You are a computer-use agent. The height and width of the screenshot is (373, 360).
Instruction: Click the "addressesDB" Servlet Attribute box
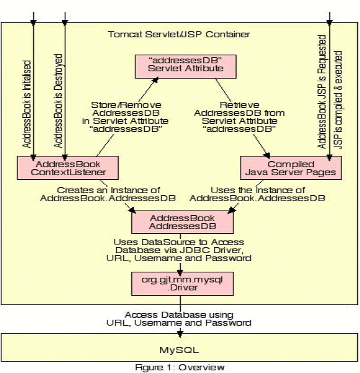(186, 67)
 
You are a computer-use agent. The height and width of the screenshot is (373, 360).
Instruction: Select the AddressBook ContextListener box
(68, 168)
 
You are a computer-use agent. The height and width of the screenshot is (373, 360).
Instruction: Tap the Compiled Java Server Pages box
(291, 168)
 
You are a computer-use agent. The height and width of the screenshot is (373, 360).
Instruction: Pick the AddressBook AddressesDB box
(183, 222)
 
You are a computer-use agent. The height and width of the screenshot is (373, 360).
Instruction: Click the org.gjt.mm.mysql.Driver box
(183, 284)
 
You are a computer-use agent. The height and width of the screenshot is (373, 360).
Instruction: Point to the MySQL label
(179, 350)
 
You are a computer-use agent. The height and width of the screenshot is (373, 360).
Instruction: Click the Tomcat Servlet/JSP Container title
(179, 35)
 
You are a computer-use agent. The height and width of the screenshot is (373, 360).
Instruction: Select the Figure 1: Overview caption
(180, 367)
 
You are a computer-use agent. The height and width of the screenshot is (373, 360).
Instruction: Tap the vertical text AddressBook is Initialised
(27, 104)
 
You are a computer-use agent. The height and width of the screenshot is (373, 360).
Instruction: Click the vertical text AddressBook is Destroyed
(58, 101)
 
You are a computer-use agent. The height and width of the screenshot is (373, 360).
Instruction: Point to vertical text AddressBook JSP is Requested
(322, 92)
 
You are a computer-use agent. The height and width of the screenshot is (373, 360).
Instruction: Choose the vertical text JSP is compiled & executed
(338, 100)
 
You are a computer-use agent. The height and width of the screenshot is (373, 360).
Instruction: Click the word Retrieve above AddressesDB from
(239, 105)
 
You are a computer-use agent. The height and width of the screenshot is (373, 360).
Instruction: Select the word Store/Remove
(126, 105)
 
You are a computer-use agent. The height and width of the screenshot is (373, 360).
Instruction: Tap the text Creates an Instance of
(109, 190)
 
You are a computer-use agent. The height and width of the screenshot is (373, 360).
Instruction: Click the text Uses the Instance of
(258, 190)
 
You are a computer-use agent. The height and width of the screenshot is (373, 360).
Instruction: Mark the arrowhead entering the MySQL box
(180, 332)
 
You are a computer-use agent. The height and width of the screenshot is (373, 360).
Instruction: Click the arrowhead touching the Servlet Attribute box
(155, 81)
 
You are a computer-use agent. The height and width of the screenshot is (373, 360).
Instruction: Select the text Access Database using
(179, 314)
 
